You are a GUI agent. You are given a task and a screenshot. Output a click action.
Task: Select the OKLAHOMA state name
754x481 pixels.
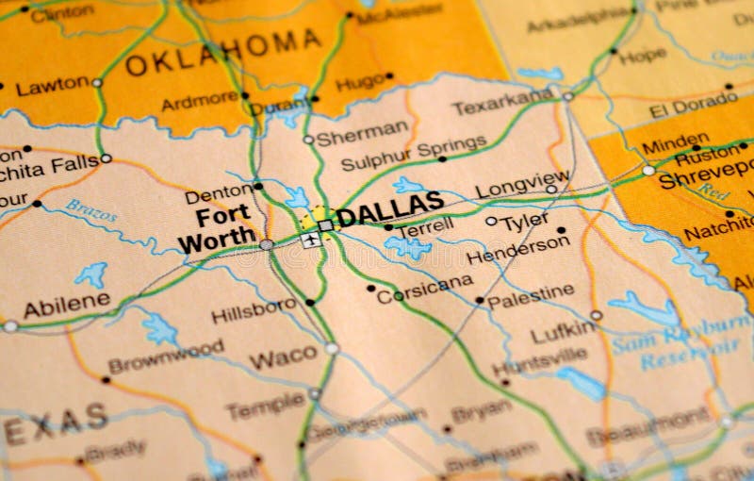pyautogui.click(x=223, y=52)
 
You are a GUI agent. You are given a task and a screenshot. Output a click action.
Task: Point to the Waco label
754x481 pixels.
pyautogui.click(x=283, y=357)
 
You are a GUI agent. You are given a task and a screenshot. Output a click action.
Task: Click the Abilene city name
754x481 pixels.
pyautogui.click(x=66, y=306)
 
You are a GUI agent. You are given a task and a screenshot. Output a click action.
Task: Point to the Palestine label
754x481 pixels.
pyautogui.click(x=530, y=295)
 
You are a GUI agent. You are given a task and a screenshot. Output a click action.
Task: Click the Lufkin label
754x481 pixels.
pyautogui.click(x=563, y=331)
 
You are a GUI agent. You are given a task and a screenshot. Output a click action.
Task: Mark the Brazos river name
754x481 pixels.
pyautogui.click(x=91, y=210)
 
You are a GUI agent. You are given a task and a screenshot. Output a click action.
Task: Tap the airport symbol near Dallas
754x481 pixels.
pyautogui.click(x=309, y=240)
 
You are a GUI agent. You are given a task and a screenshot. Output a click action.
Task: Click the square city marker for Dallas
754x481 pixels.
pyautogui.click(x=325, y=225)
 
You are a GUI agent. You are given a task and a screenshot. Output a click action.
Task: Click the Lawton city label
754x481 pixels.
pyautogui.click(x=53, y=87)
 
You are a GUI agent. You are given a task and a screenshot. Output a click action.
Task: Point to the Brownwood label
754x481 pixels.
pyautogui.click(x=166, y=357)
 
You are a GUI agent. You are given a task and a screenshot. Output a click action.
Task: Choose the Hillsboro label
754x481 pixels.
pyautogui.click(x=254, y=310)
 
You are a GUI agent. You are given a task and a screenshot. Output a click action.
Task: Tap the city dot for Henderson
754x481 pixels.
pyautogui.click(x=562, y=230)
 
